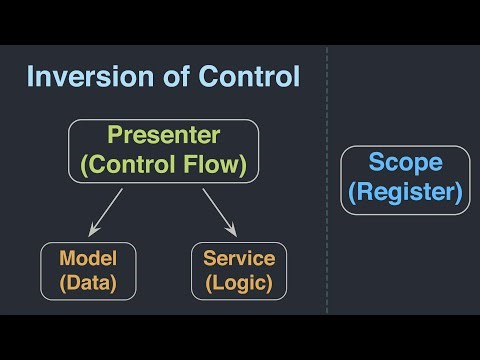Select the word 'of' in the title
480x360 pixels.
click(x=160, y=77)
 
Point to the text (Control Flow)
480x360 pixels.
click(x=163, y=165)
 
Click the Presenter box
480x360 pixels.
click(x=163, y=151)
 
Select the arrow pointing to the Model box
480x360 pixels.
click(x=107, y=211)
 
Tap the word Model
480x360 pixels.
click(x=87, y=258)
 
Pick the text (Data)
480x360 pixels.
click(x=87, y=283)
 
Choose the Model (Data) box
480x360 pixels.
click(x=87, y=271)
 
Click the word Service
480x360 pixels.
click(x=238, y=258)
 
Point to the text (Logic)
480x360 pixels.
click(x=238, y=283)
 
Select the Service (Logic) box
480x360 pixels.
click(x=238, y=271)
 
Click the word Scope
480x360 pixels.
click(x=403, y=163)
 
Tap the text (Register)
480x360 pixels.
click(x=403, y=192)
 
